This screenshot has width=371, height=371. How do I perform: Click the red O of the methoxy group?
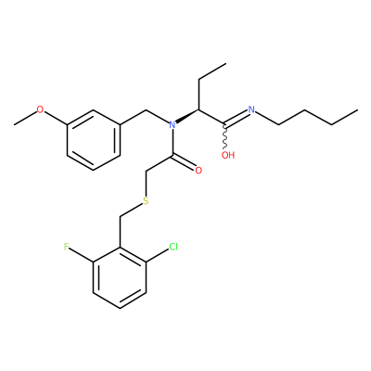click(x=40, y=109)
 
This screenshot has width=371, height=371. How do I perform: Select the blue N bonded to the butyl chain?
click(x=251, y=109)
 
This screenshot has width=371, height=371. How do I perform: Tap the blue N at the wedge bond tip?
click(x=173, y=125)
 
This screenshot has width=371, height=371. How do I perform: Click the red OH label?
click(x=228, y=155)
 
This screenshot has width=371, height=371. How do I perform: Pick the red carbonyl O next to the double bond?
click(x=198, y=171)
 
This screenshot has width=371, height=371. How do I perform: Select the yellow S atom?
click(x=146, y=201)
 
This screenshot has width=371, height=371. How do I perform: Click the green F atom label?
click(x=66, y=247)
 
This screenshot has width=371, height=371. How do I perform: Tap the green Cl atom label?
click(x=173, y=247)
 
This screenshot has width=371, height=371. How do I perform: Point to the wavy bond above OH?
click(x=225, y=137)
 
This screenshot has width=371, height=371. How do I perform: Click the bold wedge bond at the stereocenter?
click(x=187, y=116)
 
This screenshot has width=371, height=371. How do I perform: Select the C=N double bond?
click(x=237, y=118)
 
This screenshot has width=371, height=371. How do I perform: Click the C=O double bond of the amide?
click(x=184, y=163)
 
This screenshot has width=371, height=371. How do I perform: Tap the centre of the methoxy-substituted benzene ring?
click(x=93, y=140)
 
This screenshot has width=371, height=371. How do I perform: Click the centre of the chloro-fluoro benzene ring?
click(x=120, y=277)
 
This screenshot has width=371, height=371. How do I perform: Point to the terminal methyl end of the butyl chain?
click(x=358, y=109)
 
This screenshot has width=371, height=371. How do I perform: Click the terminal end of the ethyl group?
click(x=226, y=64)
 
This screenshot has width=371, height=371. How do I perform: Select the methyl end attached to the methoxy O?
click(x=14, y=124)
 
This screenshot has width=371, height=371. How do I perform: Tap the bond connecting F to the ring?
click(x=82, y=255)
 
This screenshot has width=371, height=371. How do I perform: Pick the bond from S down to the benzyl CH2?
click(x=131, y=210)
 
